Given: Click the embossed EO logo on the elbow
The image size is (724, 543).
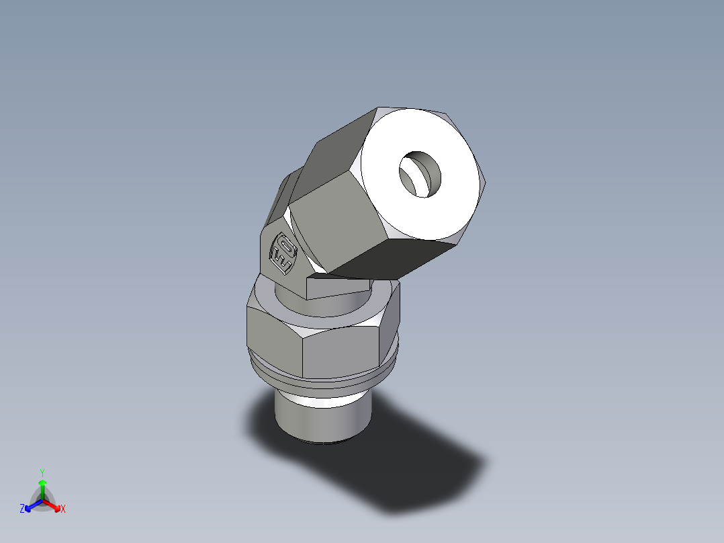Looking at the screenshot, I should [282, 254].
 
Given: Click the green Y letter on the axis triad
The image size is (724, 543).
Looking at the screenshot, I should [42, 472].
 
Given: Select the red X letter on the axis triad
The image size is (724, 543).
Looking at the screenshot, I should [63, 509].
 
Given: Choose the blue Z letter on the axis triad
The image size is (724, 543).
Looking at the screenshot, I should [22, 509].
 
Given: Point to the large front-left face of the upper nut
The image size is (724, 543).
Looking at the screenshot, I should [329, 228].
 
